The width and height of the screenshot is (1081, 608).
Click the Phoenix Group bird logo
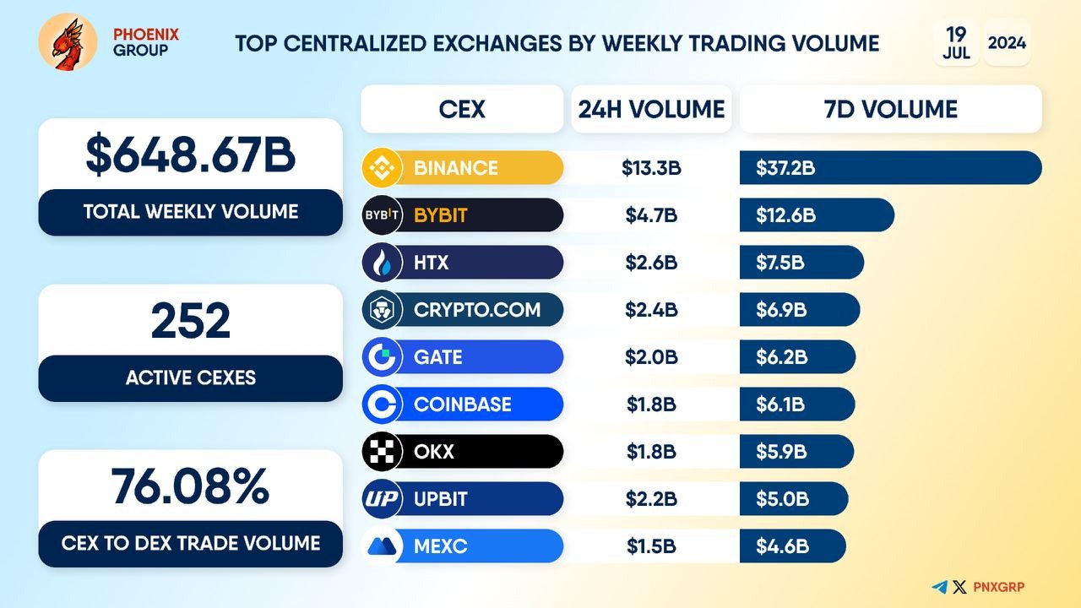tap(68, 42)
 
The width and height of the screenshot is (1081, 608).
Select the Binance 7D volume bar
tap(890, 167)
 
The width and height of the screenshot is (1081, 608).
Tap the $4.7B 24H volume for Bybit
tap(651, 215)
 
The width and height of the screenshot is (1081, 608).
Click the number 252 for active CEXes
tap(191, 322)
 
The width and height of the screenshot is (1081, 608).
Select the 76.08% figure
tap(191, 486)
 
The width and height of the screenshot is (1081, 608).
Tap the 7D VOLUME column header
tap(890, 109)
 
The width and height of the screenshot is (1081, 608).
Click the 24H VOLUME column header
tap(651, 109)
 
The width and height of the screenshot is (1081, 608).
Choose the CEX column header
tap(462, 109)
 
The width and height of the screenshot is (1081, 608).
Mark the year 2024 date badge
tap(1007, 42)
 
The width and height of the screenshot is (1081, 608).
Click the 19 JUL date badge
tap(956, 42)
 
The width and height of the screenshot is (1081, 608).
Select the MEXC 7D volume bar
tap(792, 546)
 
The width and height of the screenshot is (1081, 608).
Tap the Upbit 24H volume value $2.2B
tap(651, 499)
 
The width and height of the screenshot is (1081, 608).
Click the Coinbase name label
tap(462, 404)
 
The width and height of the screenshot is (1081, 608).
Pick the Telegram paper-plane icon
tap(939, 587)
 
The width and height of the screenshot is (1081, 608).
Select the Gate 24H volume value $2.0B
tap(651, 357)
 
